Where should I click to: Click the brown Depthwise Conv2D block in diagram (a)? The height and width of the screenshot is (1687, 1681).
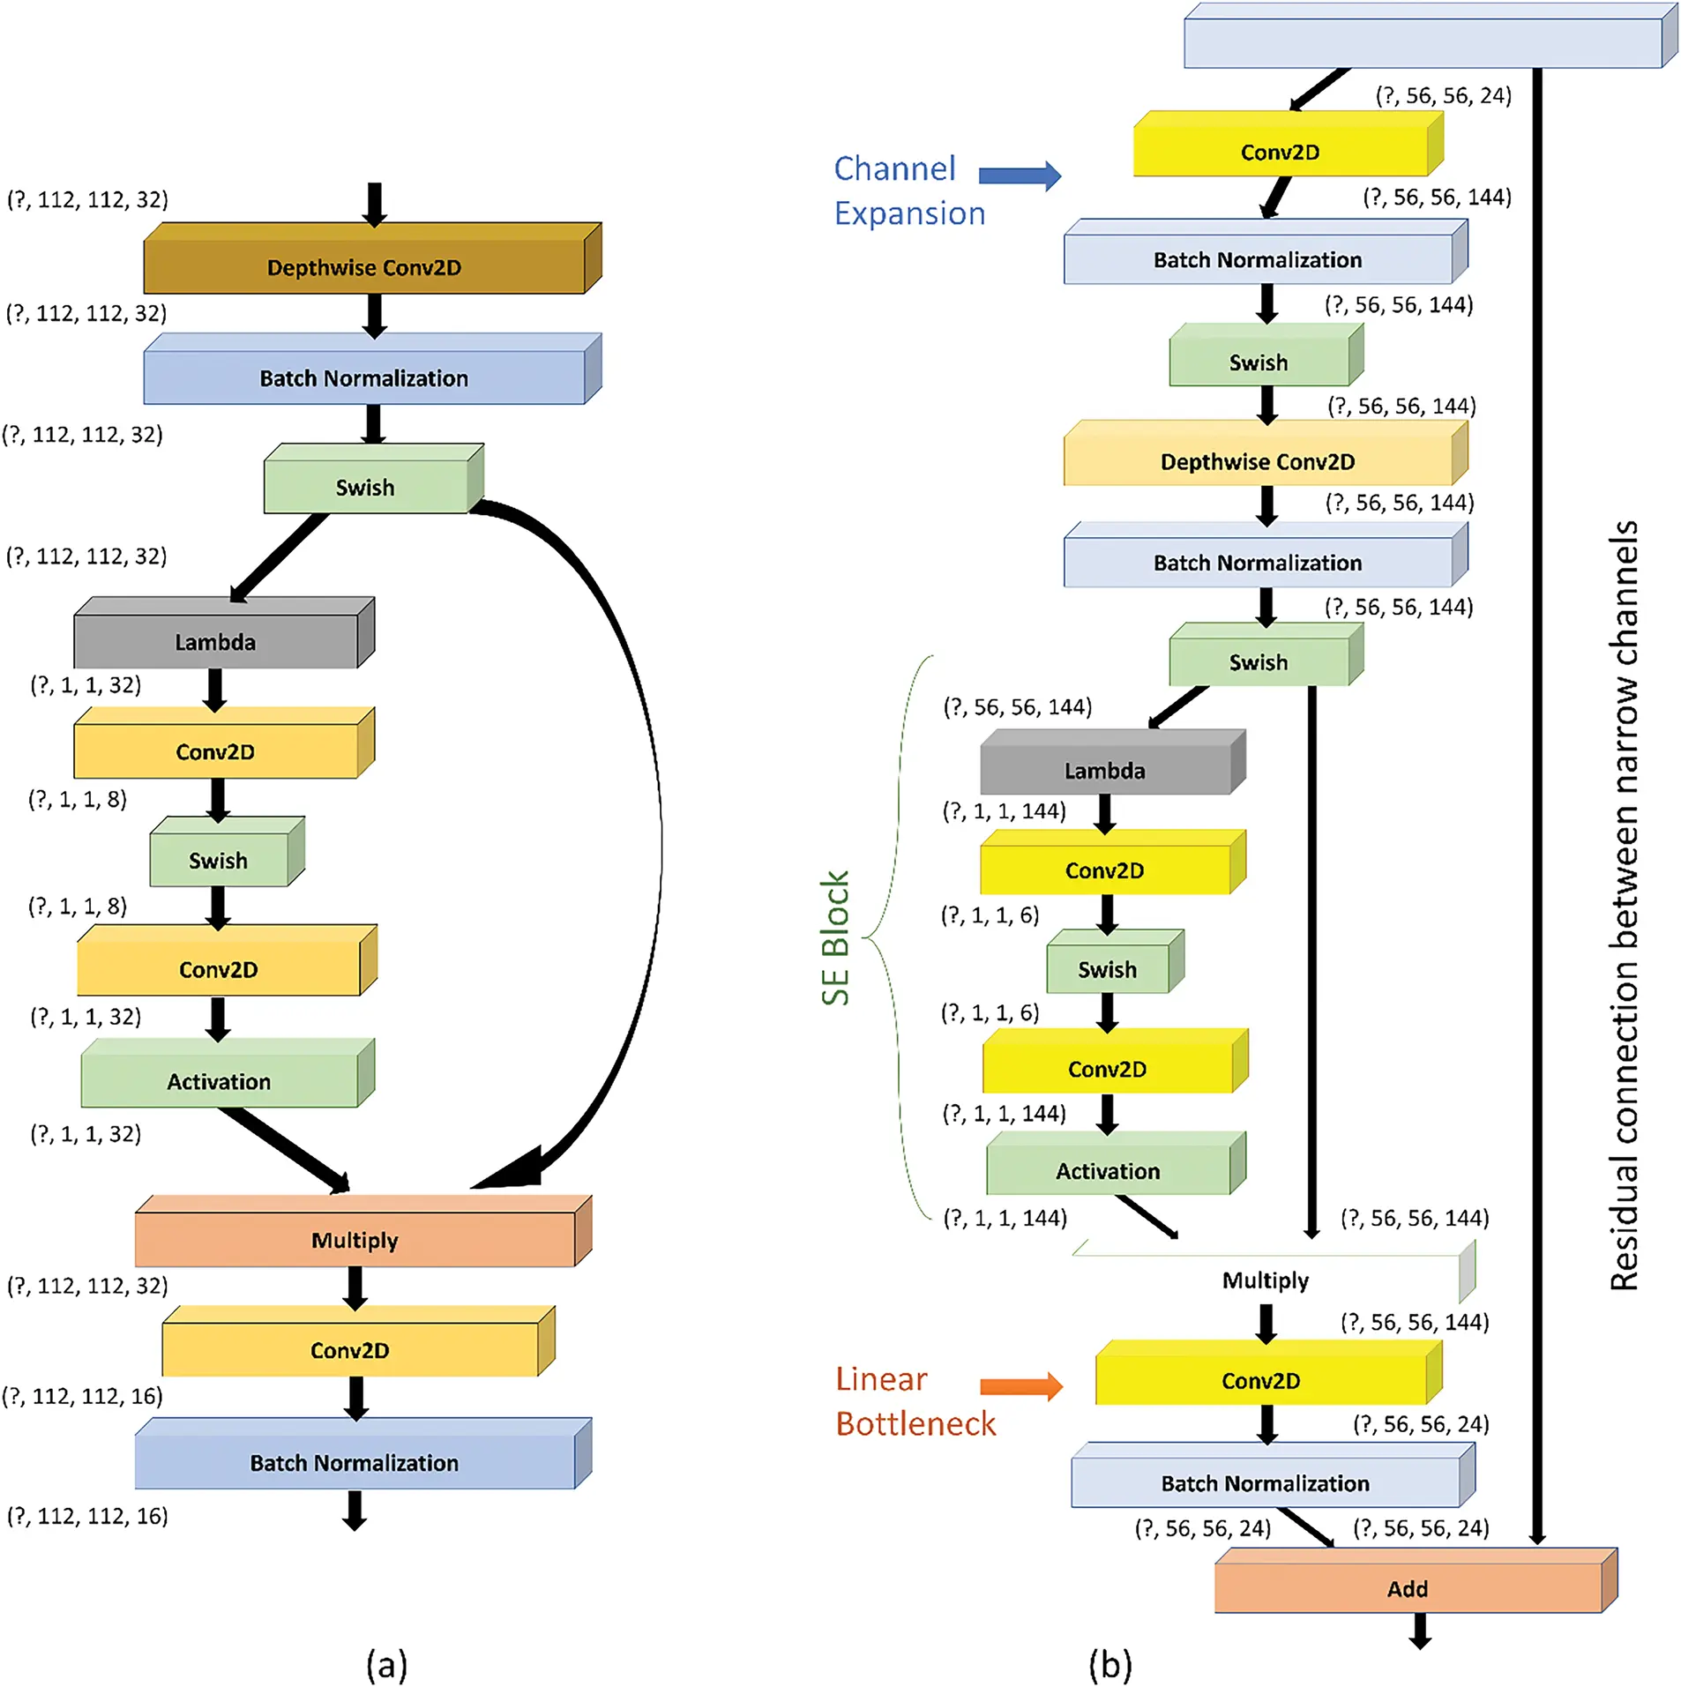point(363,266)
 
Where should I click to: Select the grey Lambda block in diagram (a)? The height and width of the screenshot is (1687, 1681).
point(215,641)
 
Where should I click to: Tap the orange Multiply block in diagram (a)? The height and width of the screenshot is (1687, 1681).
point(355,1239)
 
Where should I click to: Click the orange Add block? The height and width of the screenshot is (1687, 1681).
point(1407,1587)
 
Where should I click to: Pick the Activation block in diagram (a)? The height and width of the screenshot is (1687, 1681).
point(219,1080)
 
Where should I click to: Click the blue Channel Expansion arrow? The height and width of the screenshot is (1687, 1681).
point(1019,175)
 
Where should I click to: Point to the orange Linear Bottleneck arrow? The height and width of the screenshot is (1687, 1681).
point(1020,1385)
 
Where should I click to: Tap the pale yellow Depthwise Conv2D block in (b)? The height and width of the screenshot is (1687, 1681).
point(1257,461)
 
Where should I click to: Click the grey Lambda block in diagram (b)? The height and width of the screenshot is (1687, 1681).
point(1104,770)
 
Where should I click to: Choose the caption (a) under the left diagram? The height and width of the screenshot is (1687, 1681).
point(386,1664)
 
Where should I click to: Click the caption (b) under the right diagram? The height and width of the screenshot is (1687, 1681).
point(1109,1664)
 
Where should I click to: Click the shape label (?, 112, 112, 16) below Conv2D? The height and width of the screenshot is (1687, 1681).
point(82,1396)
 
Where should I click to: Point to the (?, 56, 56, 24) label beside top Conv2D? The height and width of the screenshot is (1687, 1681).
point(1443,95)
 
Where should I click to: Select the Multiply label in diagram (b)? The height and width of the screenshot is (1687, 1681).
point(1265,1280)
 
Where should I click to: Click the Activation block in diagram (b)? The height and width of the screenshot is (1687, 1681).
point(1108,1170)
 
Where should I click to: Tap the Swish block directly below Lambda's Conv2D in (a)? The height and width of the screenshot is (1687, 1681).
point(218,860)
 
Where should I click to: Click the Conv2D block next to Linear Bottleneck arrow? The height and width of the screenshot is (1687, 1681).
point(1260,1380)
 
